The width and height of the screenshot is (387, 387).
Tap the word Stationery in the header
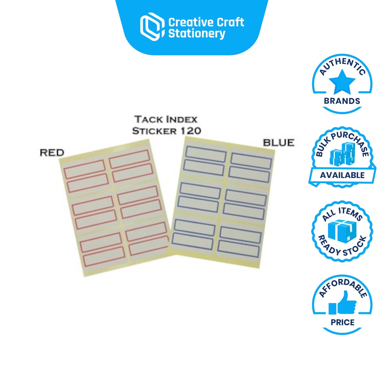pyautogui.click(x=197, y=34)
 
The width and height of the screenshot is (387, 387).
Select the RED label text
pyautogui.click(x=52, y=152)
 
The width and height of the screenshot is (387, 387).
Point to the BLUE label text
pyautogui.click(x=279, y=143)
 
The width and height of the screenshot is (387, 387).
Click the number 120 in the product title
pyautogui.click(x=190, y=131)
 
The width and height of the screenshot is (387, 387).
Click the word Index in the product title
pyautogui.click(x=182, y=120)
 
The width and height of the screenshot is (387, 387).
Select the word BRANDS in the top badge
pyautogui.click(x=342, y=101)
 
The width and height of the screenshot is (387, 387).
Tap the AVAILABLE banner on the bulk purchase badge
pyautogui.click(x=342, y=175)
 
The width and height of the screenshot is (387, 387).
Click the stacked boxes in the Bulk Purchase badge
pyautogui.click(x=342, y=155)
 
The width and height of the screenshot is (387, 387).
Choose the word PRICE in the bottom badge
pyautogui.click(x=342, y=322)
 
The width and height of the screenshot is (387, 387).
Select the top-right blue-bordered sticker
pyautogui.click(x=251, y=161)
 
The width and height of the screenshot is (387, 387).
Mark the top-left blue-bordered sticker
pyautogui.click(x=205, y=154)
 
